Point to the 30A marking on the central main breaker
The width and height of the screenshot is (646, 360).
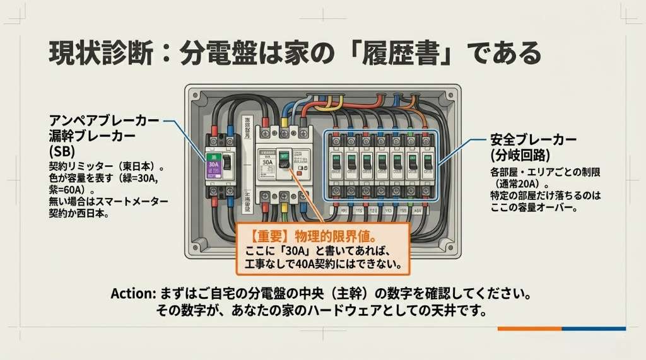point(267,161)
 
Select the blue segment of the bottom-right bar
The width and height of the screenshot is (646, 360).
point(593,328)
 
